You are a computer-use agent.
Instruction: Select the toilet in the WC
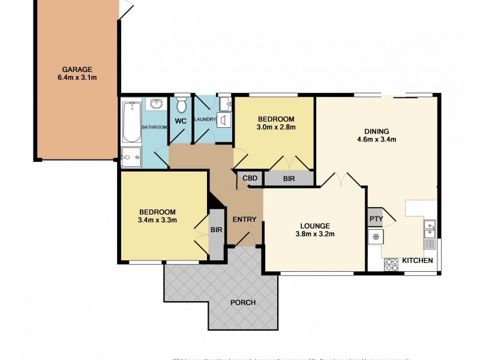coord(182,107)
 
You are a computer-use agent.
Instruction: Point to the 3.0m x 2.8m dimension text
coord(276,127)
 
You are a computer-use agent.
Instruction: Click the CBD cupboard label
coord(250,178)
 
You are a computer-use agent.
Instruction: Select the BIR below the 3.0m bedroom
coord(288,178)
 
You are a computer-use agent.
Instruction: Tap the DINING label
coord(377,131)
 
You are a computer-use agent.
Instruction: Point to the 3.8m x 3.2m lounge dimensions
coord(314,234)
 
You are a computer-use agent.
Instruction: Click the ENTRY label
coord(245,219)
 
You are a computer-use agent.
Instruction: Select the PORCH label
coord(243,302)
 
